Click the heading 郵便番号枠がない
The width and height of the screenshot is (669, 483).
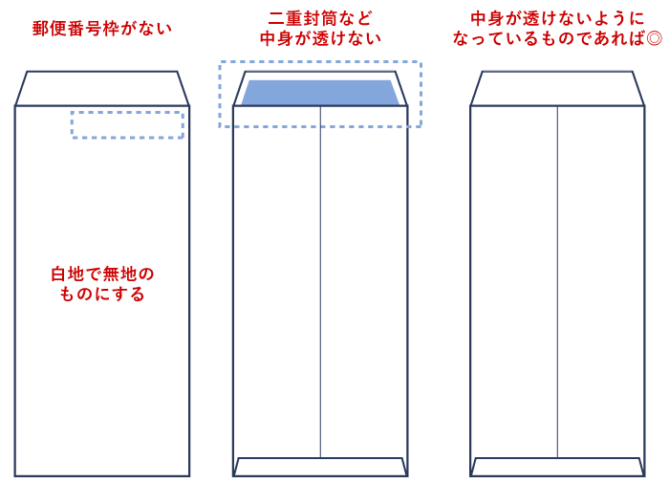click(102, 29)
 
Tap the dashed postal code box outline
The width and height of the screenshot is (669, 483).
click(127, 113)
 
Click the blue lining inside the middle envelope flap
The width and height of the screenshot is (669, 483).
click(320, 93)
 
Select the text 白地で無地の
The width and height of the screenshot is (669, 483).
click(102, 274)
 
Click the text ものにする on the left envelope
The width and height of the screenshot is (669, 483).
click(102, 295)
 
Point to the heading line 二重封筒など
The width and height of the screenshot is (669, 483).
click(320, 18)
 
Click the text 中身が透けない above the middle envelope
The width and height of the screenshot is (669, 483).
click(320, 39)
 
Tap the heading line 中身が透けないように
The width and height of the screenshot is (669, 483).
click(557, 18)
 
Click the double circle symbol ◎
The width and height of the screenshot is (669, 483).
click(654, 39)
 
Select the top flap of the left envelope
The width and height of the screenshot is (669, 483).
click(102, 88)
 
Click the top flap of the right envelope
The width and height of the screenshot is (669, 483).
click(557, 88)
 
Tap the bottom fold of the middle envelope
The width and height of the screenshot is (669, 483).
click(320, 467)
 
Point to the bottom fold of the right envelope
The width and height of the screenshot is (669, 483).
click(557, 467)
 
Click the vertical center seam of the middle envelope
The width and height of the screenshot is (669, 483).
click(320, 287)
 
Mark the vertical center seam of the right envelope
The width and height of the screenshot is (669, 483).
click(557, 287)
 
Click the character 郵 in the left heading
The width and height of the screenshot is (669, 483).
click(41, 29)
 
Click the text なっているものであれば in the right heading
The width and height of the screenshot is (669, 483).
click(549, 39)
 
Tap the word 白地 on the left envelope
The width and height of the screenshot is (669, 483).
click(68, 274)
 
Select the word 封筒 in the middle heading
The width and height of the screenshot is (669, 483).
click(320, 18)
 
